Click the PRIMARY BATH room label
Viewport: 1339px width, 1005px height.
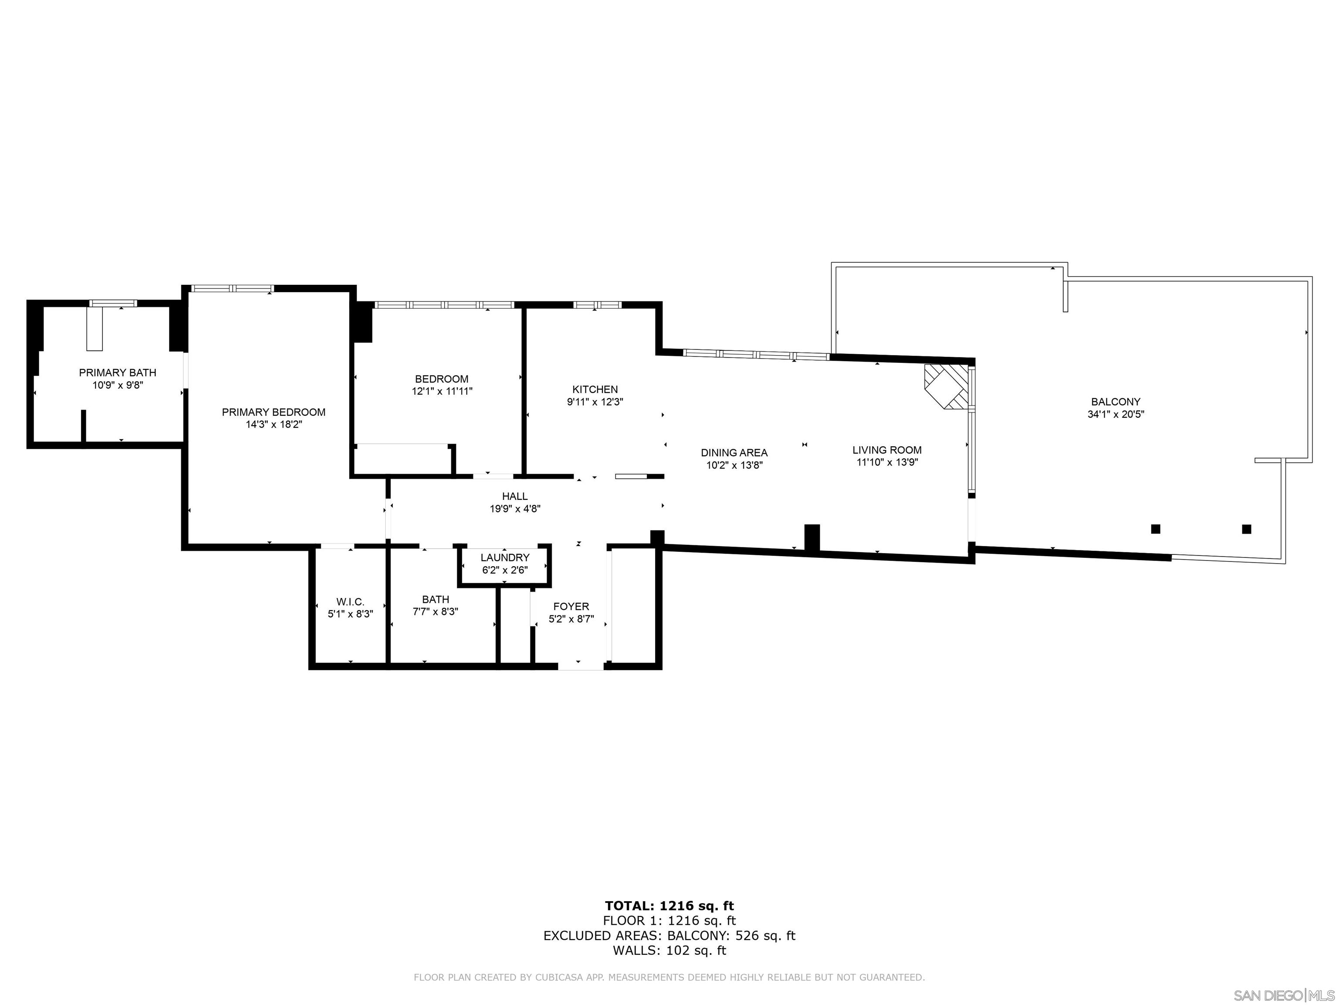(x=117, y=373)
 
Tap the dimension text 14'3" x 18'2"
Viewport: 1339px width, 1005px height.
(x=274, y=425)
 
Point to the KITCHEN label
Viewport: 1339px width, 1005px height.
(x=595, y=390)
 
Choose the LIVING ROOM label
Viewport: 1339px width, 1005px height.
(x=887, y=450)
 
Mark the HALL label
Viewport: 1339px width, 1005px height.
(x=514, y=496)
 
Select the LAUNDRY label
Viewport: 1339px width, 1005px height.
(x=505, y=557)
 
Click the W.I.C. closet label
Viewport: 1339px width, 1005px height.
(x=350, y=602)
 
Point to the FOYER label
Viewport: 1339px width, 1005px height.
(x=571, y=606)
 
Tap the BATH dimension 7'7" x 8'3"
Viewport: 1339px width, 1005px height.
(x=435, y=612)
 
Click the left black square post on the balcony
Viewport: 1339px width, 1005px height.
(x=1155, y=529)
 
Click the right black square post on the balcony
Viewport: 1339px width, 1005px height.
(x=1247, y=529)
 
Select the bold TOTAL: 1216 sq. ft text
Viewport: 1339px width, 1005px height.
(x=669, y=906)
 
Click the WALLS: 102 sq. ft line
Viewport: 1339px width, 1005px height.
(x=669, y=950)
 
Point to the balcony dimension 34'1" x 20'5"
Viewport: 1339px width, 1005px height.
(x=1116, y=414)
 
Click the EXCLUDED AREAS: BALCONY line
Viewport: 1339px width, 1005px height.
(x=669, y=935)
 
